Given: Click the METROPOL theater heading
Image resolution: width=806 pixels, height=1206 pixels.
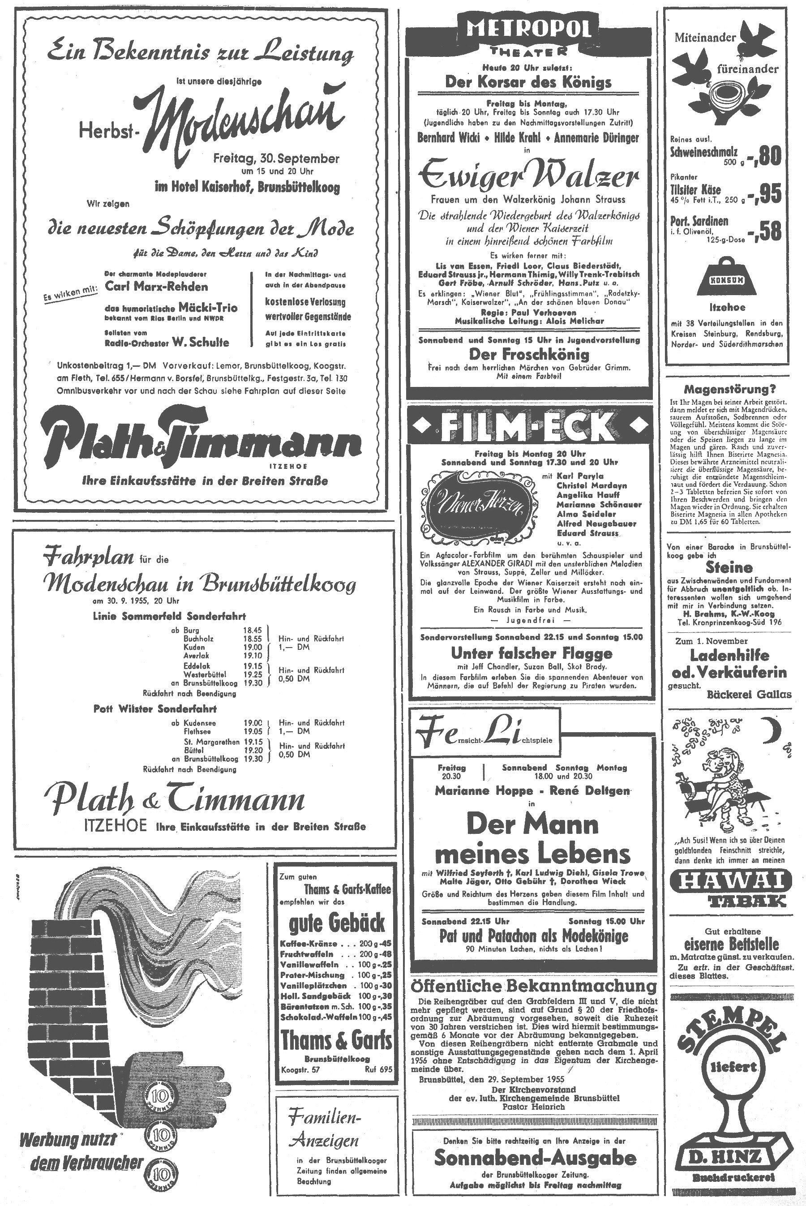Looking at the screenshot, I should coord(529,31).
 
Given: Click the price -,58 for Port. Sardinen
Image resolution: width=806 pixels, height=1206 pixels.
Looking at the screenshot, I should coord(764,232).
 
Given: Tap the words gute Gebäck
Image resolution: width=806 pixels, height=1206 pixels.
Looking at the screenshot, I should coord(337,923).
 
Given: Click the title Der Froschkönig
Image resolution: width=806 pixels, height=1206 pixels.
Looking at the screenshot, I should coord(529,354).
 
